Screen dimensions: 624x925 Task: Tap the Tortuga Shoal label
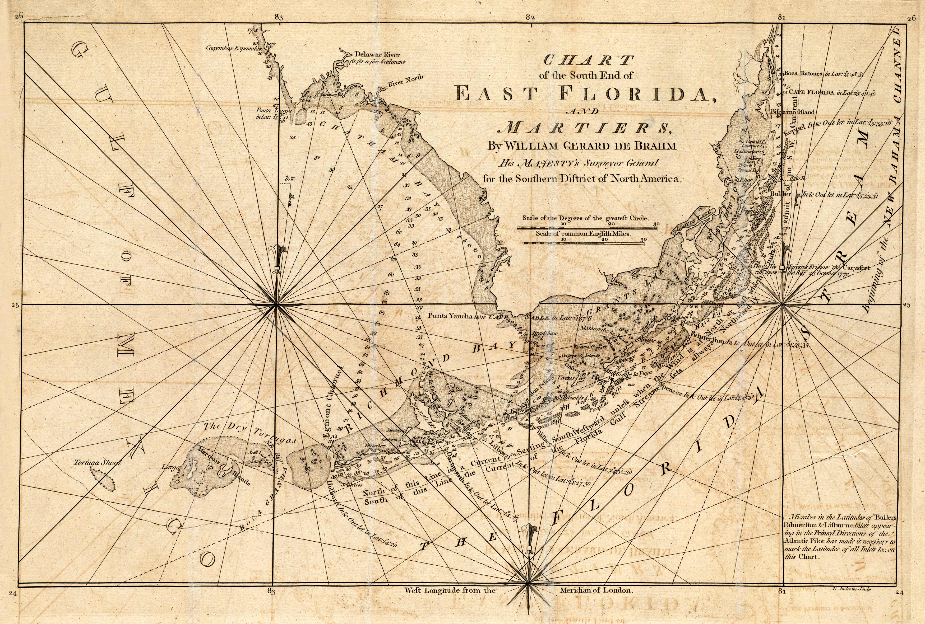pyautogui.click(x=97, y=463)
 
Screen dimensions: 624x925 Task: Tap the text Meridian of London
pyautogui.click(x=596, y=590)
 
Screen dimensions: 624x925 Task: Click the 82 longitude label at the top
pyautogui.click(x=529, y=17)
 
